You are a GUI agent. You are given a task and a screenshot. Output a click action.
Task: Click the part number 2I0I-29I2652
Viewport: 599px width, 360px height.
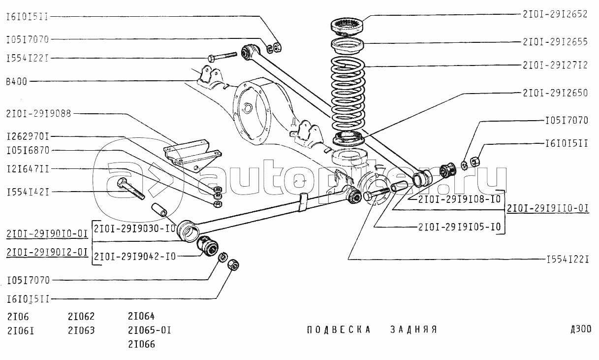(555, 15)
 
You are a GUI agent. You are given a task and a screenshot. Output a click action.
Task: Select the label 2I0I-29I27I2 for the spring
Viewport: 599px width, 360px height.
(555, 65)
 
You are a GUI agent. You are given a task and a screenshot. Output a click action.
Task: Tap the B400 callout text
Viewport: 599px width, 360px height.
(17, 81)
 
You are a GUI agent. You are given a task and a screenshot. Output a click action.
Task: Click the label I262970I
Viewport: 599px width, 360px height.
(28, 135)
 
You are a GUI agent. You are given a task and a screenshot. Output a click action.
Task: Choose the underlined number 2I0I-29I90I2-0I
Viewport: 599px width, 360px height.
(47, 253)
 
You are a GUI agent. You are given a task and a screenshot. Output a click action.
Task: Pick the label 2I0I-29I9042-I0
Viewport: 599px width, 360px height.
(134, 256)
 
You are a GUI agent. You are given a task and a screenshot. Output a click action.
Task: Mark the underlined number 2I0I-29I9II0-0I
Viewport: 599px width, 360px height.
(548, 208)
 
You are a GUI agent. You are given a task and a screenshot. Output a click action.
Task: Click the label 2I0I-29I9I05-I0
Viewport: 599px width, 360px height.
(459, 227)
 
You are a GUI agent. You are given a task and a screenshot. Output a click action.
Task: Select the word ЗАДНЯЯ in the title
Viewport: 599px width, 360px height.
(413, 329)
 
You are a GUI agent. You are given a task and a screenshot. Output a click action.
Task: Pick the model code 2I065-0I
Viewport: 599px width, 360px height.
(149, 330)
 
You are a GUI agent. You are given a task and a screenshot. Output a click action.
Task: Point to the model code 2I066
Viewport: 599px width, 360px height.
(141, 344)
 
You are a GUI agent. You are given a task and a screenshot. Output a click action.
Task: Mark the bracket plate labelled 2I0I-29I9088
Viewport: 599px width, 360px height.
(192, 153)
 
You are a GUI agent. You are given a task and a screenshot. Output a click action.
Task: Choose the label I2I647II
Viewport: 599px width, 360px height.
(28, 169)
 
